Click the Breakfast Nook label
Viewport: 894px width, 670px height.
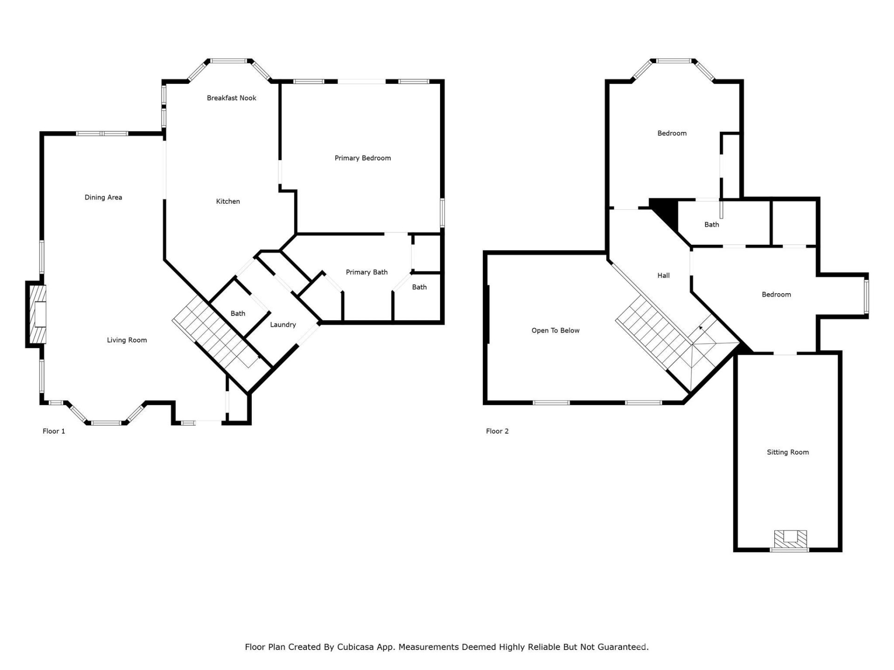coord(231,98)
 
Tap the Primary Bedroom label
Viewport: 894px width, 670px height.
coord(363,158)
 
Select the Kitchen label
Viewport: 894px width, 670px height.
coord(228,201)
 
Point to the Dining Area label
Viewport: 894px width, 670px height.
coord(103,197)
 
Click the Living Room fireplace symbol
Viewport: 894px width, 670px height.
coord(38,315)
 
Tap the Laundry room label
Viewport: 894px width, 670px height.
coord(283,325)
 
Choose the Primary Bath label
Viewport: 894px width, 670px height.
coord(366,272)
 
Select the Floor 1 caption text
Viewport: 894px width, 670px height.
coord(54,431)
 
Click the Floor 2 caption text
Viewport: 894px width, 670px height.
coord(497,431)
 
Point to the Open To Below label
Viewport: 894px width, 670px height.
coord(555,331)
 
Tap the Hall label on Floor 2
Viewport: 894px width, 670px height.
coord(664,275)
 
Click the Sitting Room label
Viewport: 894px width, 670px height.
coord(788,452)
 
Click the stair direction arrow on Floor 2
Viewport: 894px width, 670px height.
coord(701,328)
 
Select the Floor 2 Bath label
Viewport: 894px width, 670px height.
coord(711,225)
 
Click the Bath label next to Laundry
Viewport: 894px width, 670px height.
coord(238,314)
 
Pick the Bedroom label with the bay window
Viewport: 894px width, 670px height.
coord(672,134)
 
